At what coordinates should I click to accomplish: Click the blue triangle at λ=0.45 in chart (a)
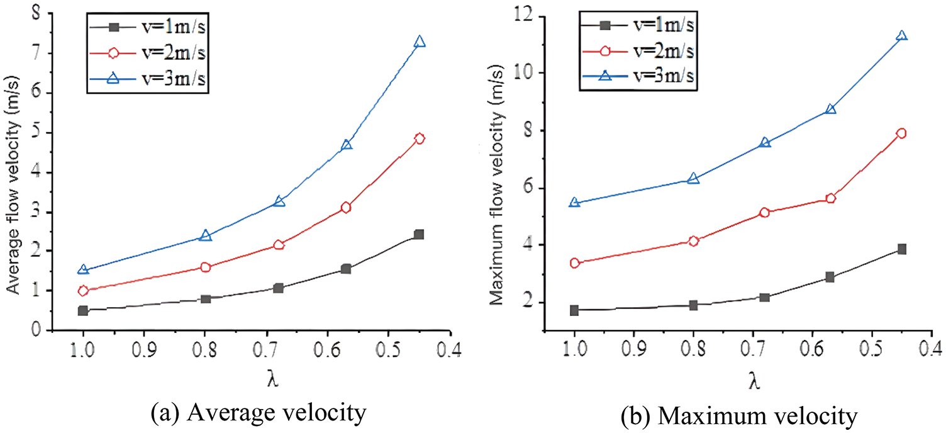click(420, 42)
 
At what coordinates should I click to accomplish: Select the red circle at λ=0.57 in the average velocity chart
click(345, 208)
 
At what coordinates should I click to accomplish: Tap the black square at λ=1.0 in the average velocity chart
click(83, 311)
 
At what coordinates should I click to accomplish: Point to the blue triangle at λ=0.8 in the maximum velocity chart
click(693, 179)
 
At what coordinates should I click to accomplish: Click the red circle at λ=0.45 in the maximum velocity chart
click(901, 133)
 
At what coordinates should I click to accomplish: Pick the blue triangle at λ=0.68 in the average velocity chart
click(280, 201)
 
